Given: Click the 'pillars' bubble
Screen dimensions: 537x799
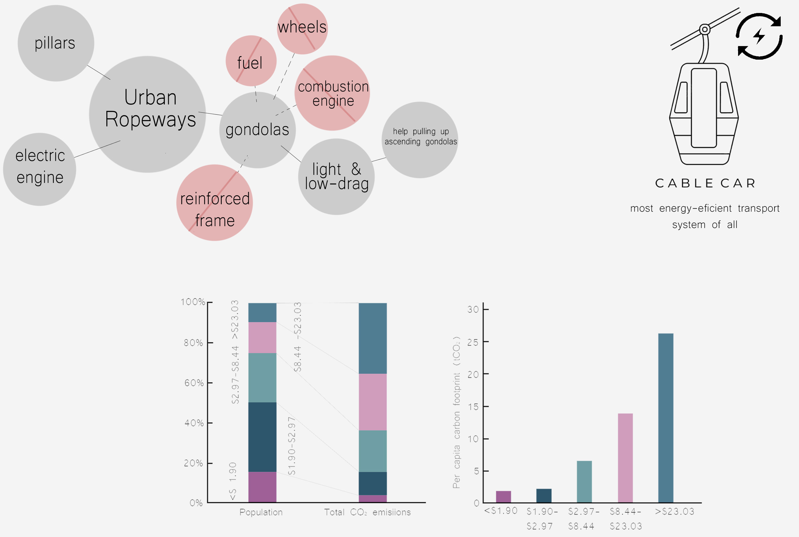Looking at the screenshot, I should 56,43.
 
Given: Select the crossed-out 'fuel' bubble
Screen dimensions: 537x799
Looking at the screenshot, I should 251,61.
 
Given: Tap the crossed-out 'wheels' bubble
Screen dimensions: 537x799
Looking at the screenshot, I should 302,29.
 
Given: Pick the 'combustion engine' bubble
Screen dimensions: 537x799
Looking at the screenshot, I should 332,93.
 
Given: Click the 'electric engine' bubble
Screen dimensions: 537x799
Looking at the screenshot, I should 40,169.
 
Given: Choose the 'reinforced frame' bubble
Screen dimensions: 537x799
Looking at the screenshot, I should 215,203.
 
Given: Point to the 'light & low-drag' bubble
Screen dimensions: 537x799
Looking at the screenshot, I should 336,177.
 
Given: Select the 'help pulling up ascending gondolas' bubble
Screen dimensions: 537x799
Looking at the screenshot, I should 420,140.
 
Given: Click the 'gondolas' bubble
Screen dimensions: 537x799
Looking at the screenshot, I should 258,130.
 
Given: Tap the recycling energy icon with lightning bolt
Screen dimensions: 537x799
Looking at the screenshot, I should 759,36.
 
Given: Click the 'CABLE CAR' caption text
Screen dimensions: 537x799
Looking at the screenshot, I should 705,184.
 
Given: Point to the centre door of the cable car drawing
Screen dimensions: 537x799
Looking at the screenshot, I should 704,108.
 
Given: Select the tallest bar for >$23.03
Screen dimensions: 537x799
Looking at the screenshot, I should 666,418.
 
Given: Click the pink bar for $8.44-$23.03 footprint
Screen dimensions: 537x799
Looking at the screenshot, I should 625,458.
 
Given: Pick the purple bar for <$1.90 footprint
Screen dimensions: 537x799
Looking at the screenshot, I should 503,497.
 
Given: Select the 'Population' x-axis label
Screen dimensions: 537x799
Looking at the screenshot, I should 261,512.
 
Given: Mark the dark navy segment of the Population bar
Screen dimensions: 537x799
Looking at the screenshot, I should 262,437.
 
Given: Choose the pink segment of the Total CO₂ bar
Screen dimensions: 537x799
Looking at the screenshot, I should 373,402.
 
